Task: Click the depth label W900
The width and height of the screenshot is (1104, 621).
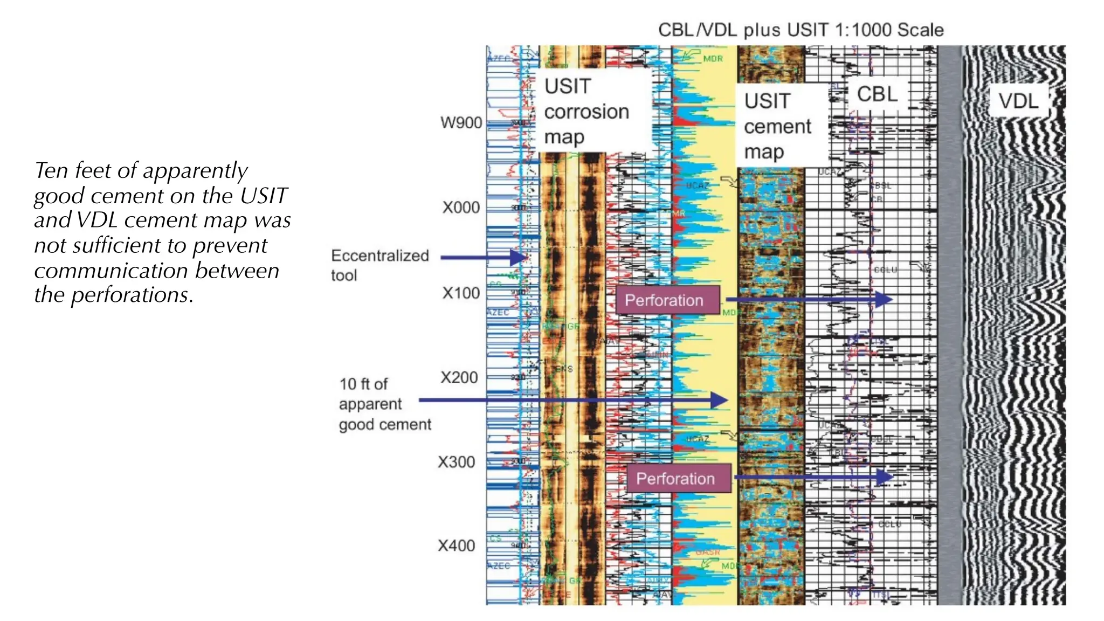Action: click(461, 123)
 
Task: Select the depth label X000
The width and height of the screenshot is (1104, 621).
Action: click(461, 208)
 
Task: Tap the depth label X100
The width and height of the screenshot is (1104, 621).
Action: click(461, 293)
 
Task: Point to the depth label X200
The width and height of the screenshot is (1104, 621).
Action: click(459, 377)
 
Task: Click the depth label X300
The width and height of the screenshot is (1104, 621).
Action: click(456, 463)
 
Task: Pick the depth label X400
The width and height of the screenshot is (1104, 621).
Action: click(456, 546)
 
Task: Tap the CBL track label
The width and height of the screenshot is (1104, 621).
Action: click(877, 94)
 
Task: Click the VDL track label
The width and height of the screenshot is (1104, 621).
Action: click(1018, 101)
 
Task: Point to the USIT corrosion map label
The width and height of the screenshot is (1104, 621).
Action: click(586, 112)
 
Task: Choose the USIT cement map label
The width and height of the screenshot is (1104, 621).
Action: click(777, 127)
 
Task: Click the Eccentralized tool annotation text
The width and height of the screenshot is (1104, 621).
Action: click(379, 265)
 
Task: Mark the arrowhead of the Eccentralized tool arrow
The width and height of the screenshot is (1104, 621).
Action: click(520, 258)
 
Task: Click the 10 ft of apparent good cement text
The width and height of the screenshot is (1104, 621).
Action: click(384, 404)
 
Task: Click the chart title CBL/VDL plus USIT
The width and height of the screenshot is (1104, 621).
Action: click(801, 30)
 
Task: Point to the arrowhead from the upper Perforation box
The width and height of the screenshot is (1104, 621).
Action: click(884, 299)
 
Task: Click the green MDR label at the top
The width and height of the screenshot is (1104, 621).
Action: click(713, 59)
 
